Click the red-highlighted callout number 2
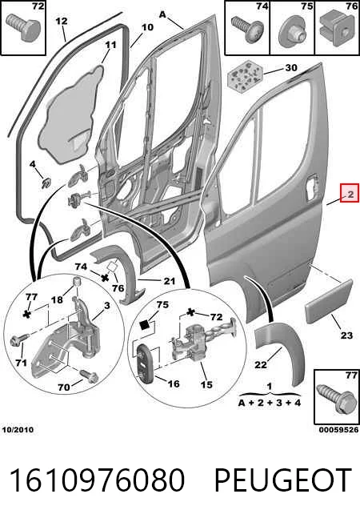(350, 194)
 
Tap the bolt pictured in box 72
(22, 28)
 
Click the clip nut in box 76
(337, 29)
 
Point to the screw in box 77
(335, 400)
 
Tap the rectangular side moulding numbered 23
(329, 301)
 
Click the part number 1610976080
(97, 480)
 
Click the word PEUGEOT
(282, 480)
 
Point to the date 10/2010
(18, 430)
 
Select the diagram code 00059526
(338, 430)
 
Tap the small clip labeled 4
(46, 183)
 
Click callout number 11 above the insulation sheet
(110, 45)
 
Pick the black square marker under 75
(146, 324)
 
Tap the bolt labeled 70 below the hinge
(87, 375)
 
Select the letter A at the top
(162, 15)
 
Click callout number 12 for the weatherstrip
(62, 22)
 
